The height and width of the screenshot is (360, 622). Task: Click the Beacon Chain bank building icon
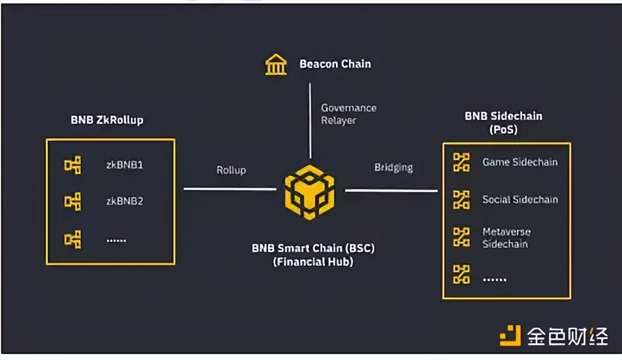click(x=276, y=64)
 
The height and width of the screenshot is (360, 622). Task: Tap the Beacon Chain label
click(x=335, y=64)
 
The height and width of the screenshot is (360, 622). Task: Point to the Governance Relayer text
click(x=349, y=114)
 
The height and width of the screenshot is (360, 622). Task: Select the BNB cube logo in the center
click(x=309, y=193)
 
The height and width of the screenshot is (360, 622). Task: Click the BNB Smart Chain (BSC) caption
click(x=313, y=247)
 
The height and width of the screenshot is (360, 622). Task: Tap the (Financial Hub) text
click(x=313, y=261)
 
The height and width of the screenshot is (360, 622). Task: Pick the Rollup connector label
click(x=231, y=170)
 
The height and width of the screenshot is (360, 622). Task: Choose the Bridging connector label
click(x=393, y=167)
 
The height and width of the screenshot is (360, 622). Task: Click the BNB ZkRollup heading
click(x=107, y=120)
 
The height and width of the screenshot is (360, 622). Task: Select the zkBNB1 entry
click(x=125, y=164)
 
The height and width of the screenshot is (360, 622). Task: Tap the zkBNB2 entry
click(x=125, y=201)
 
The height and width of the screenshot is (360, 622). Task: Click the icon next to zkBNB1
click(x=73, y=165)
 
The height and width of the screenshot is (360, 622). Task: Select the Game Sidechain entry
click(x=520, y=162)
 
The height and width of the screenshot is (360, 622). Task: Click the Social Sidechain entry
click(x=520, y=199)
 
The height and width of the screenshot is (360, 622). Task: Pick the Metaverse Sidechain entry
click(x=506, y=237)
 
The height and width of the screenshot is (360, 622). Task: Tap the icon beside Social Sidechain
click(x=461, y=200)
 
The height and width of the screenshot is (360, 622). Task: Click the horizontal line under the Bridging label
click(x=391, y=191)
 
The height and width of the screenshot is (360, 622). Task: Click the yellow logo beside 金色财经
click(x=510, y=336)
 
